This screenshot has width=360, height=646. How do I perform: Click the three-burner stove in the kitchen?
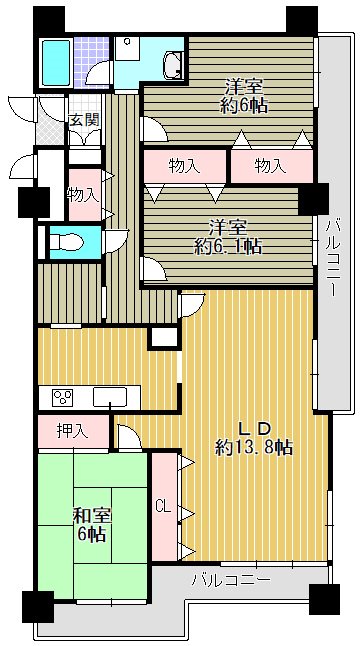[62, 397]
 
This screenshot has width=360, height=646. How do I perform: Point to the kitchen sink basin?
[105, 397]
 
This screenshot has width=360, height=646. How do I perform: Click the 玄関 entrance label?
[82, 121]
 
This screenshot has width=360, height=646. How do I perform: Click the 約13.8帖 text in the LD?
[254, 447]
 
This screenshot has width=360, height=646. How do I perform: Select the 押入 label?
[70, 432]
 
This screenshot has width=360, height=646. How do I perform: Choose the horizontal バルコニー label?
[229, 579]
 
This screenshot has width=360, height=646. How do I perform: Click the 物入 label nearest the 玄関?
[81, 194]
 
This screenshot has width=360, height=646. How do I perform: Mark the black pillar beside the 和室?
[37, 606]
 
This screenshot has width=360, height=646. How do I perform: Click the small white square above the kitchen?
[162, 338]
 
